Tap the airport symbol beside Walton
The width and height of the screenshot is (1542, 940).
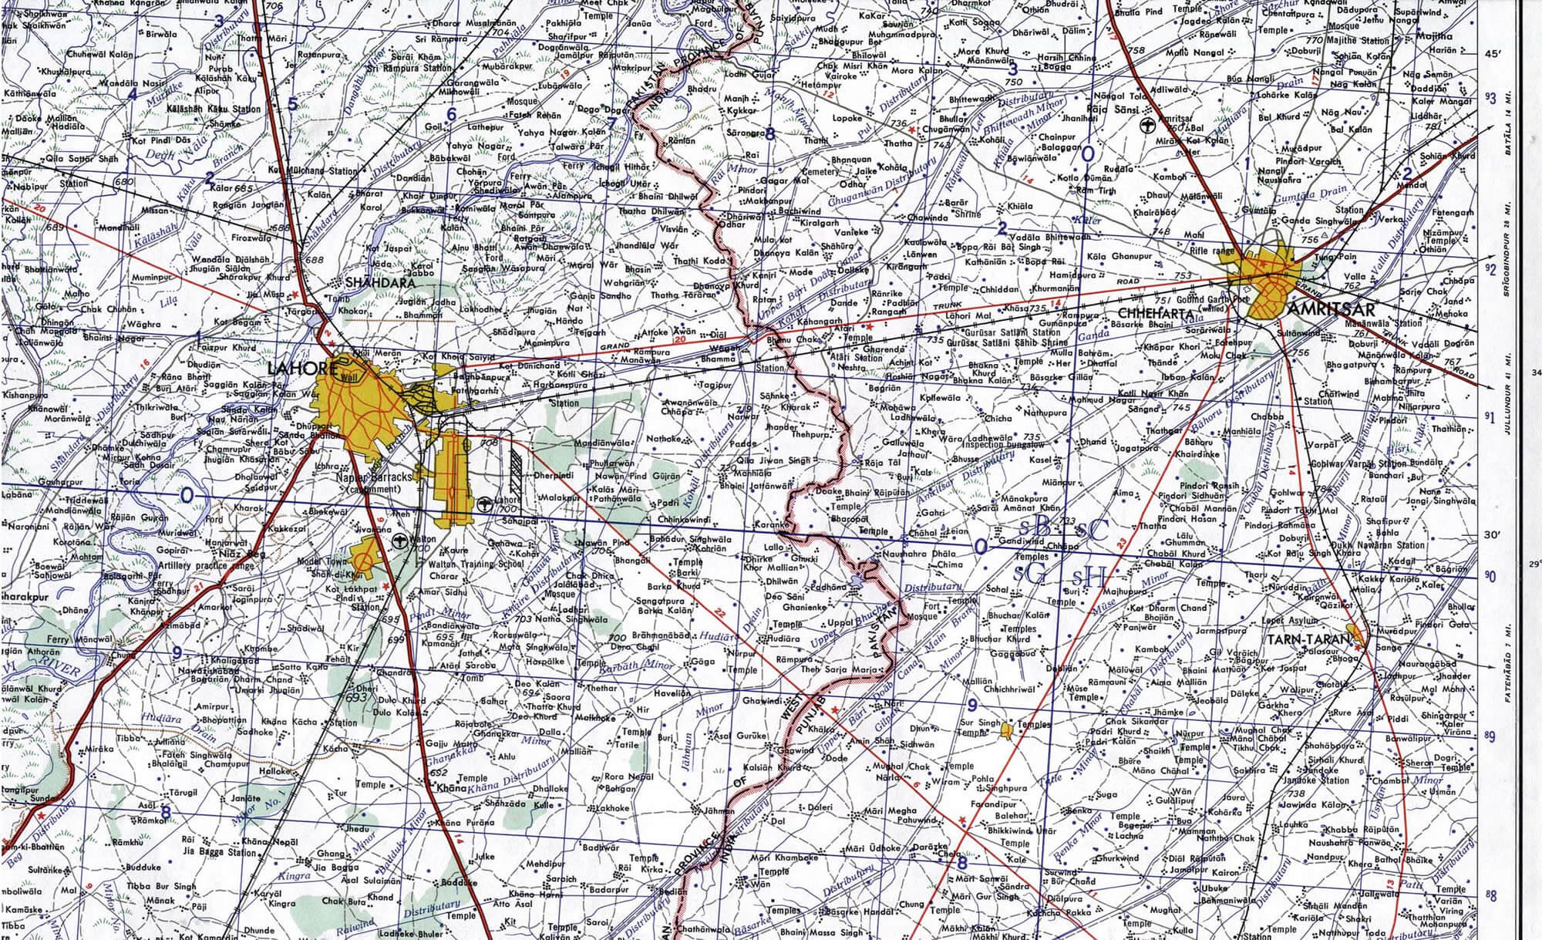pos(400,541)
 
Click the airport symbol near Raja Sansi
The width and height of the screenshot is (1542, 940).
pos(1148,125)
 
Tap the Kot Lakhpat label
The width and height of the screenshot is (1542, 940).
pos(344,590)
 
